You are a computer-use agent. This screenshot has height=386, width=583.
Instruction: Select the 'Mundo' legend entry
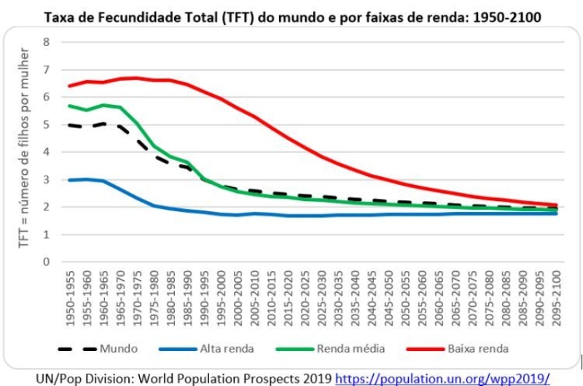tap(117, 349)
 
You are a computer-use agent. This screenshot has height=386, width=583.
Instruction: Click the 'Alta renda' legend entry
tap(226, 349)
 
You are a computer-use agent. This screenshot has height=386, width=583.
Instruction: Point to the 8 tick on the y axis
tap(47, 42)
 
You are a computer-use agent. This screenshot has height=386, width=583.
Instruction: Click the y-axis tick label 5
tap(47, 125)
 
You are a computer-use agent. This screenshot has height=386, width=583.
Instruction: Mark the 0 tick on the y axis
tap(47, 262)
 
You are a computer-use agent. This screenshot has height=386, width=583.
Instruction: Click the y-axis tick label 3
tap(47, 179)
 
